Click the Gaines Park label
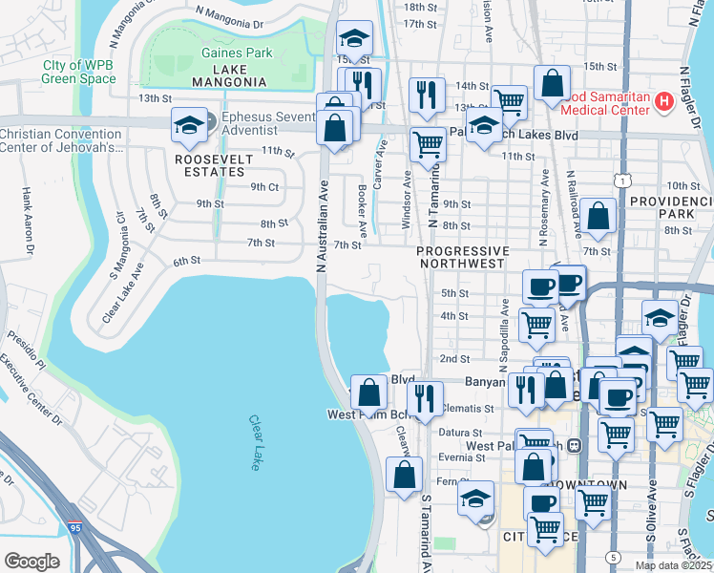(x=237, y=53)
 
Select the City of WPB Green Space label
(x=79, y=72)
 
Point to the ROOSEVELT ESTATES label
(x=209, y=165)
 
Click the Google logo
(x=31, y=561)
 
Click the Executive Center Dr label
(x=31, y=392)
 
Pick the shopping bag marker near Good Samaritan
(x=552, y=83)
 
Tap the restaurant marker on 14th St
(x=426, y=95)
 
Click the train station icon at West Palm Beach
(x=575, y=445)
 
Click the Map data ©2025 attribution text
(x=673, y=565)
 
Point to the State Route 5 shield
(x=611, y=557)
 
